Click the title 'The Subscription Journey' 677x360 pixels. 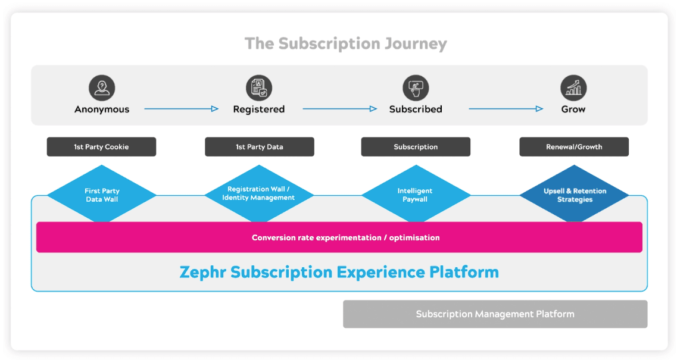345,44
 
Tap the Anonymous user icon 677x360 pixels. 102,88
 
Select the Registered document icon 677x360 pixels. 259,88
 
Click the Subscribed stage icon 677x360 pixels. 416,88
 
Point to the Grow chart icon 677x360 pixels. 573,88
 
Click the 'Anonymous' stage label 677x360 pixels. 102,109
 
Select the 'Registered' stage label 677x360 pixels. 259,109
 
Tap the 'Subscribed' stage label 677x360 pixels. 416,109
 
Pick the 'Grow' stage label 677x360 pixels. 573,109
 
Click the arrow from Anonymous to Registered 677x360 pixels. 182,109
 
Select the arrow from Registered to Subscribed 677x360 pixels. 339,109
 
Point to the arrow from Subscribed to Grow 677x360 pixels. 506,109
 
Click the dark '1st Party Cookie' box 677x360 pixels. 101,147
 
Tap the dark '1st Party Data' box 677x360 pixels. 259,147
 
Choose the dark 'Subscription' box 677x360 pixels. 416,147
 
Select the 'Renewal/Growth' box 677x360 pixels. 574,147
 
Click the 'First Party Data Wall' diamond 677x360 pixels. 102,195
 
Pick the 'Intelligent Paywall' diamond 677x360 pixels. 416,195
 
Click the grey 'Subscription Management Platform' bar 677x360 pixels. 495,314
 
